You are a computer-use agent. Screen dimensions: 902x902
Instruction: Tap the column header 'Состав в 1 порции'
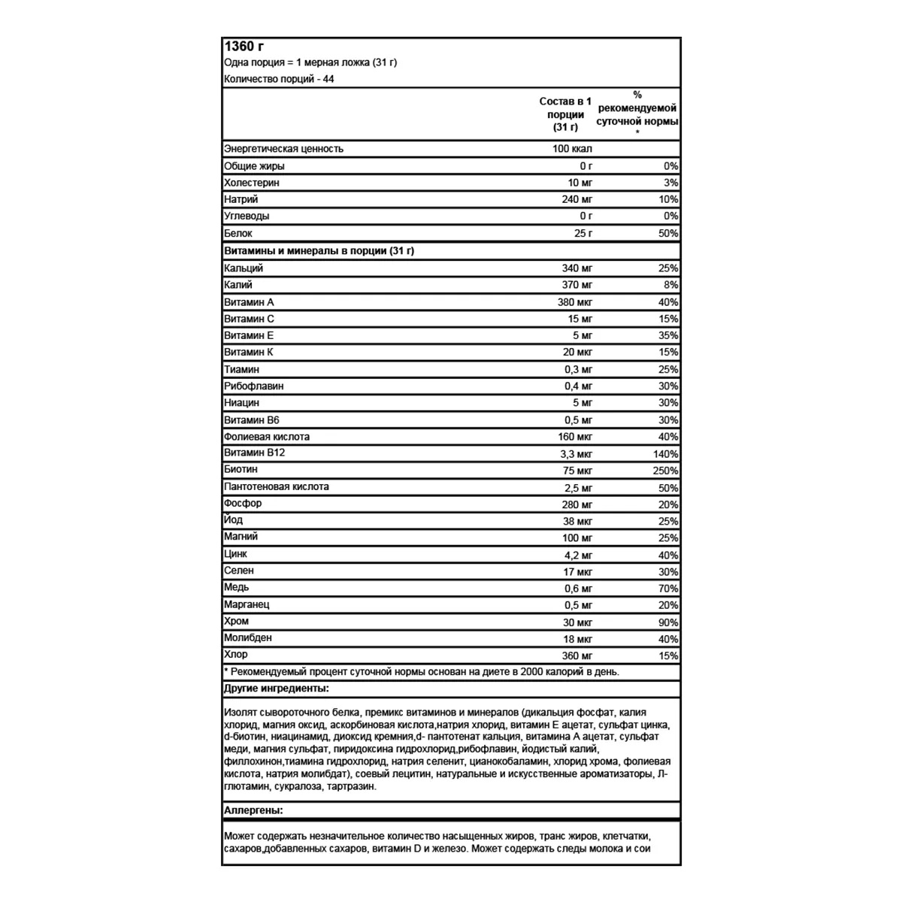pos(565,114)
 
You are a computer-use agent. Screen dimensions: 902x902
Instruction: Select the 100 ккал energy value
pos(572,149)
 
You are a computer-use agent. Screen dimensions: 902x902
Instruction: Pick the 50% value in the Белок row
pos(668,234)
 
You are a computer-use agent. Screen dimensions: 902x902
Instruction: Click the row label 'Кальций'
pos(244,268)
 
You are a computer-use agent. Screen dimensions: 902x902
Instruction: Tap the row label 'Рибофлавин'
pos(254,386)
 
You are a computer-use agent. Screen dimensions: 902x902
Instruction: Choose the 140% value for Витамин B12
pos(666,454)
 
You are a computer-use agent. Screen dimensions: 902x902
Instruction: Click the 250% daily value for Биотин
pos(666,471)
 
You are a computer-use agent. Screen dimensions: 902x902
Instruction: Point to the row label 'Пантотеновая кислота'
pos(277,487)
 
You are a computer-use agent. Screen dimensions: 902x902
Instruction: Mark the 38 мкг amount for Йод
pos(577,521)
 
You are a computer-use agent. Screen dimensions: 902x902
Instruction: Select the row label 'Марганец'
pos(247,604)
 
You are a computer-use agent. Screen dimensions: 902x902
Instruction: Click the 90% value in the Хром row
pos(668,622)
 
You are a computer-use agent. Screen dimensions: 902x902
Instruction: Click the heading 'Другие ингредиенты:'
pos(277,689)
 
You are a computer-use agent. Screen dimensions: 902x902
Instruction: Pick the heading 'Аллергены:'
pos(253,810)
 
